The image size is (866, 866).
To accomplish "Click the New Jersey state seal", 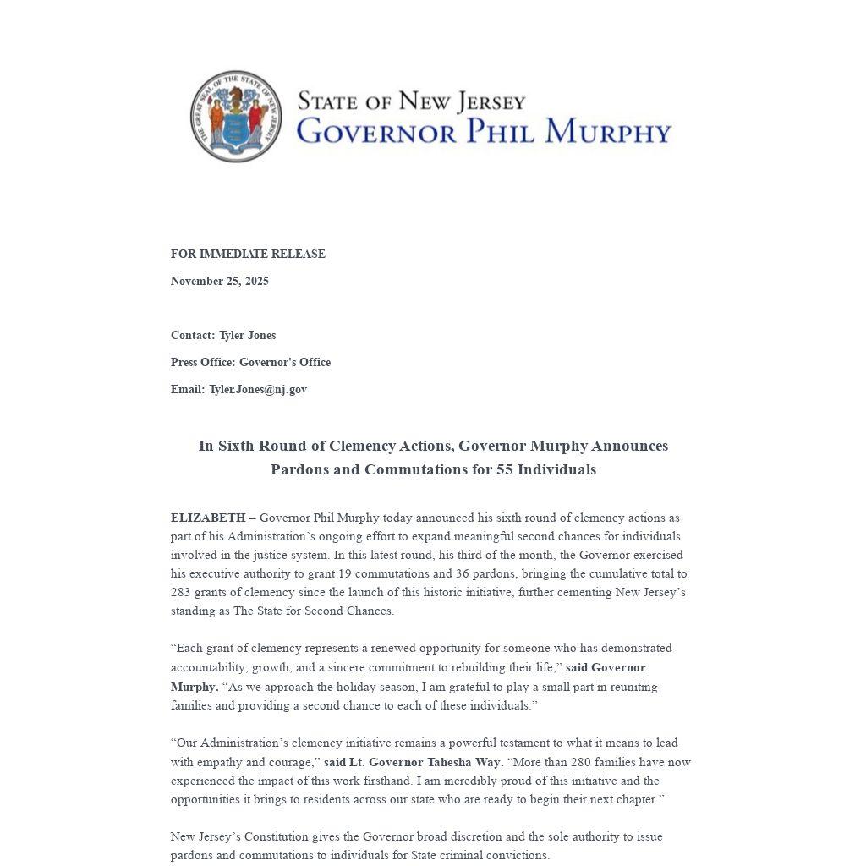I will [236, 117].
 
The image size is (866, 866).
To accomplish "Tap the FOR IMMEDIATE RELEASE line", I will [248, 254].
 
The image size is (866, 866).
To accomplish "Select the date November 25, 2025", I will [220, 281].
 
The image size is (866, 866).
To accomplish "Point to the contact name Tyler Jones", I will [247, 335].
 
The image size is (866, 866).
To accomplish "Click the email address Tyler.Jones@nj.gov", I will [258, 389].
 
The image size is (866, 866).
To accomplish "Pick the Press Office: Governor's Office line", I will [250, 362].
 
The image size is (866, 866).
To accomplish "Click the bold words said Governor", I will [606, 667].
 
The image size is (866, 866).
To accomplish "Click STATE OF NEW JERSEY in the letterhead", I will [411, 102].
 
